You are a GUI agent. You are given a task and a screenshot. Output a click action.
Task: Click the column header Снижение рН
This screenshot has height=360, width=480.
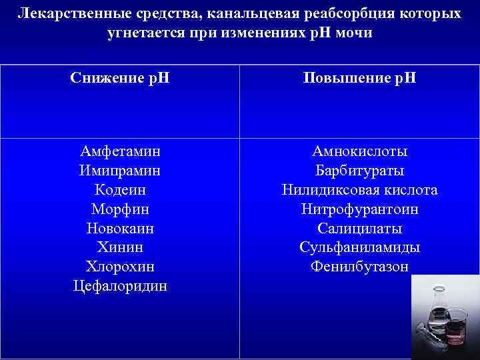tap(120, 78)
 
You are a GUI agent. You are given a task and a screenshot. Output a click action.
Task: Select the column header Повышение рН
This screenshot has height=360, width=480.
tap(359, 78)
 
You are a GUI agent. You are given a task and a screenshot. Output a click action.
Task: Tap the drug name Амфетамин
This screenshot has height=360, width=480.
tap(120, 151)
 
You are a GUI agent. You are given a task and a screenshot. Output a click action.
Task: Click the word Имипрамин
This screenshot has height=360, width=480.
tap(120, 171)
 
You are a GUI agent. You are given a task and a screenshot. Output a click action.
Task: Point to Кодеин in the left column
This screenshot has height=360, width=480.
tap(120, 190)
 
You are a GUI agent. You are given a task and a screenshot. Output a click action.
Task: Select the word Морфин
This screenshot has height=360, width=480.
tap(120, 209)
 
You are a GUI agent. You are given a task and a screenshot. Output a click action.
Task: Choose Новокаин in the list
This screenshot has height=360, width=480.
tap(120, 229)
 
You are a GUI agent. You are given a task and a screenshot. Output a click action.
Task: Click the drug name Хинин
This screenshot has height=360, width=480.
tap(120, 248)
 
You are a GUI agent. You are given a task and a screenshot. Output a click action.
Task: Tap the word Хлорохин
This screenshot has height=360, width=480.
tap(120, 267)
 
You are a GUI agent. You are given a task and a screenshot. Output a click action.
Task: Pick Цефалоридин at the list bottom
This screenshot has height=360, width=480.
tap(120, 287)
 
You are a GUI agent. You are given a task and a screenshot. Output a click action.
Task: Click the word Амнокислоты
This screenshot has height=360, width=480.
tap(359, 151)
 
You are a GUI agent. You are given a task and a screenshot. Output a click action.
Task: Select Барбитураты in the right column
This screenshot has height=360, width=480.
tap(359, 171)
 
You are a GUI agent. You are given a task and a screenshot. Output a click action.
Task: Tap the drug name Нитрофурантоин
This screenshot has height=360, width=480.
tap(359, 209)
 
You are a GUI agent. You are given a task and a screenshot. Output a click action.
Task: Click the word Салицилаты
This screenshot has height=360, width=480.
tap(359, 229)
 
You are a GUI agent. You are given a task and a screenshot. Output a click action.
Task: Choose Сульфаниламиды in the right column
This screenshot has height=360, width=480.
tap(359, 248)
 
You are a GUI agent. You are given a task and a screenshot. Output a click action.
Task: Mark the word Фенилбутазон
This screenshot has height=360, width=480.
tap(359, 267)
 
